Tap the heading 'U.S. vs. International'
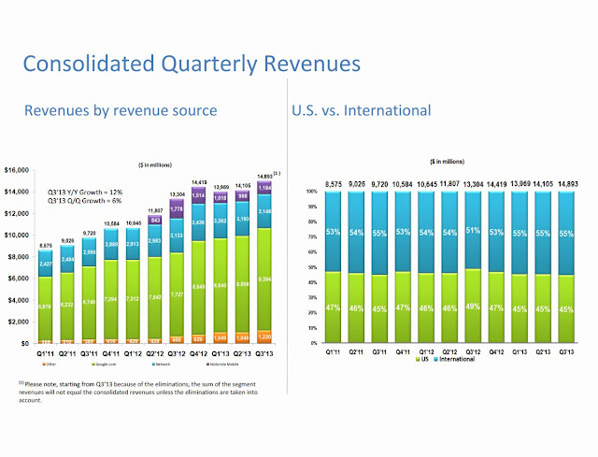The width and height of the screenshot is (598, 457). pos(362,110)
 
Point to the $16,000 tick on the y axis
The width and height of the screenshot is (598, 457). pos(19,170)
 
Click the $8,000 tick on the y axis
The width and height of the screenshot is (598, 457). pos(21,257)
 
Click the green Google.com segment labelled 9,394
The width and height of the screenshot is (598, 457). pos(265,278)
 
